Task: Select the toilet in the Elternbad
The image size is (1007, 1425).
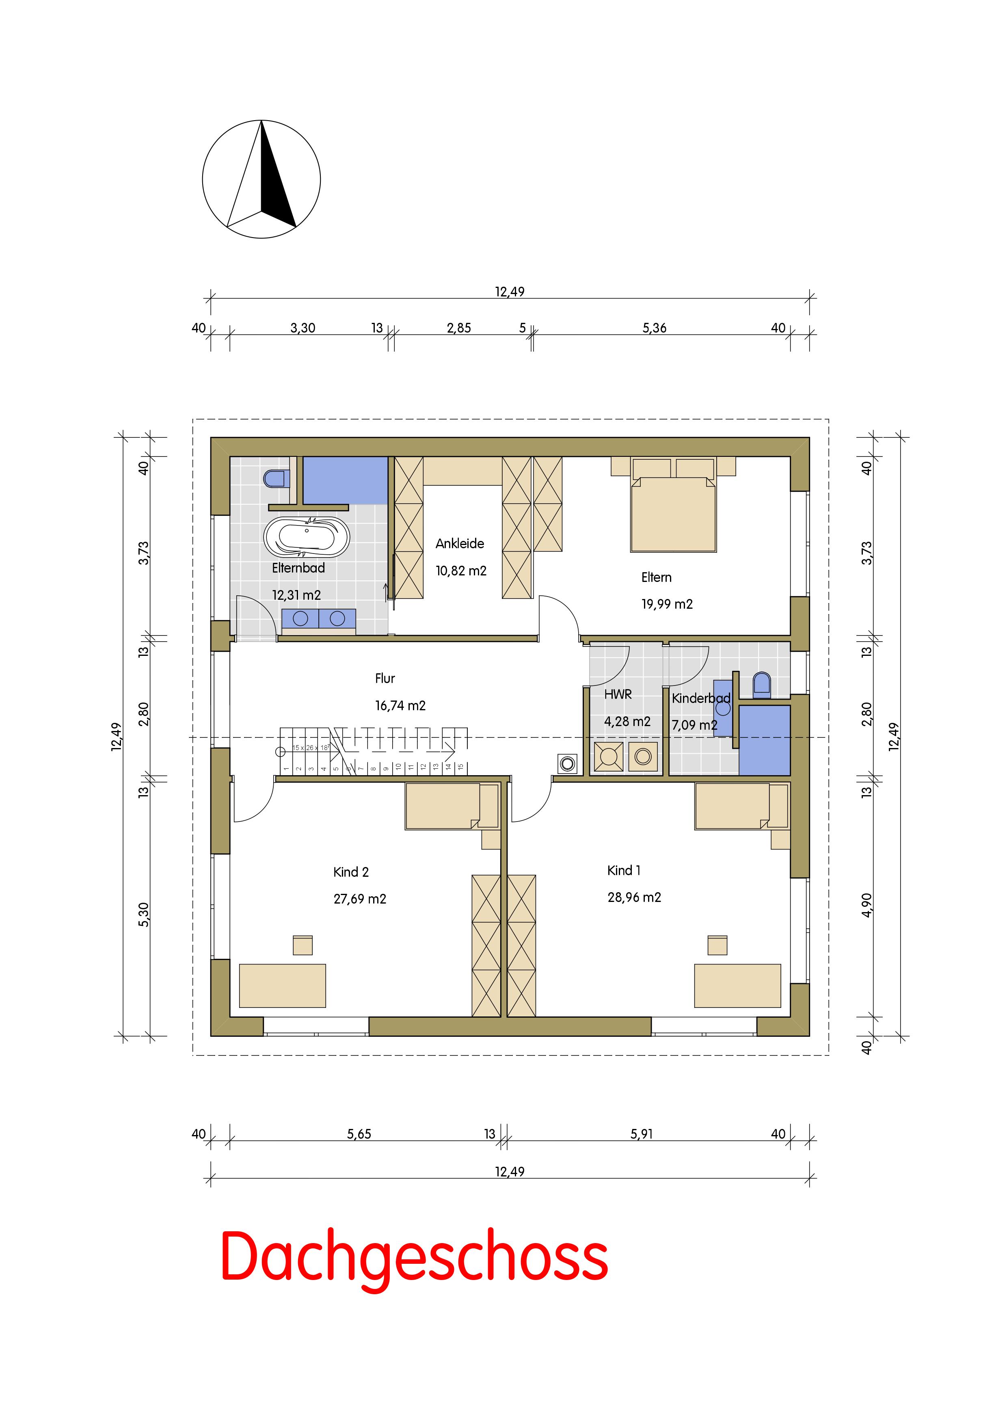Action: [x=274, y=478]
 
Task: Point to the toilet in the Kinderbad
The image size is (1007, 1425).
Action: [x=761, y=683]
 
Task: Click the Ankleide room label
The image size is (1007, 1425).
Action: [x=460, y=544]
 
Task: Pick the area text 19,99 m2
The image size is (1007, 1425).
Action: [x=667, y=604]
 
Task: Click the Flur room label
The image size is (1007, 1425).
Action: [x=385, y=678]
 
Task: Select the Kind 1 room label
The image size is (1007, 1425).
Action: [x=624, y=870]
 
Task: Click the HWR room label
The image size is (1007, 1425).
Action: [x=618, y=694]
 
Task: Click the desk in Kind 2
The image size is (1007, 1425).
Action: [x=282, y=986]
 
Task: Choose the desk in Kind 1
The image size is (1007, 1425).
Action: [x=738, y=986]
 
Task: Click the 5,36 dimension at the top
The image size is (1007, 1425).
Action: [x=655, y=328]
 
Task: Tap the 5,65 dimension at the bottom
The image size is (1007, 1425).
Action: [x=359, y=1134]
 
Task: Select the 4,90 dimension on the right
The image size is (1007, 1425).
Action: [x=867, y=904]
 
